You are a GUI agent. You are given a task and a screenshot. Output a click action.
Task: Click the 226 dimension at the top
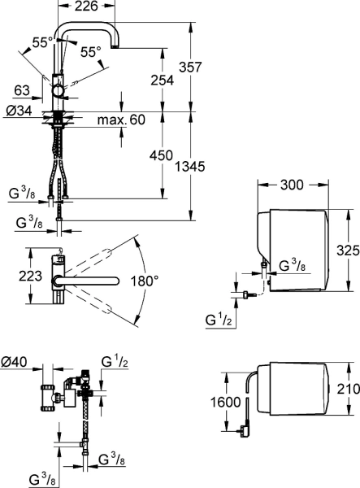(86, 6)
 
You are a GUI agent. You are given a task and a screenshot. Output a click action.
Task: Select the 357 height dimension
(190, 67)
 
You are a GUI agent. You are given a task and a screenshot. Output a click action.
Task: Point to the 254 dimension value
(163, 80)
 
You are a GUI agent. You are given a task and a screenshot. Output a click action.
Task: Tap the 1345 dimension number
(189, 167)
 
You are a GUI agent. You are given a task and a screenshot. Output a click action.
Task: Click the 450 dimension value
(161, 155)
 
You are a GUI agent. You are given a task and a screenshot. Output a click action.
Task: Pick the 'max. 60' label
(121, 120)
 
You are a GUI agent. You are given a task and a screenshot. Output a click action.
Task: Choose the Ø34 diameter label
(19, 111)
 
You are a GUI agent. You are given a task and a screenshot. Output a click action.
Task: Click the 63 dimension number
(22, 90)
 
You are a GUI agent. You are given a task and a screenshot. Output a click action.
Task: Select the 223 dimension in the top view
(30, 276)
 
